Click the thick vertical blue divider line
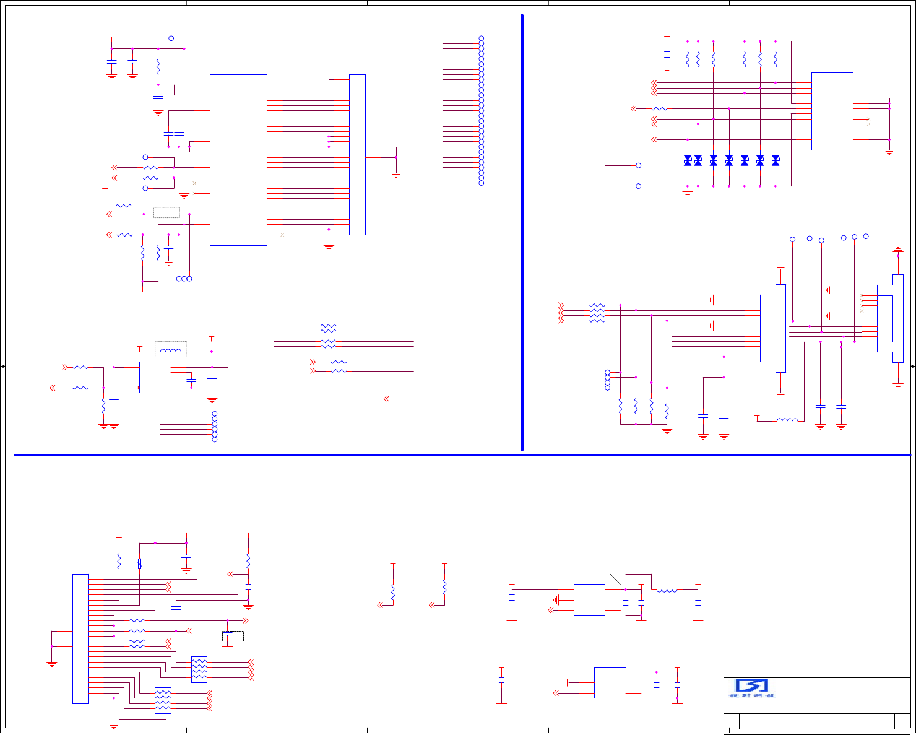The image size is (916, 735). click(522, 232)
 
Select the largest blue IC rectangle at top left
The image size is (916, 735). click(238, 160)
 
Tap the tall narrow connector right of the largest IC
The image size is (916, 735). click(357, 155)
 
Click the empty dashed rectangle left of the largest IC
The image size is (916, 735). click(166, 212)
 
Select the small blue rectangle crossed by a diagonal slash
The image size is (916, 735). click(140, 563)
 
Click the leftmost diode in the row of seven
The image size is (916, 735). click(688, 160)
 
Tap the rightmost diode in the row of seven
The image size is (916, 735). click(776, 160)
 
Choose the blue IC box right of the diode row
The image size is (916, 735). click(832, 111)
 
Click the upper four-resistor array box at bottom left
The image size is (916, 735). click(199, 669)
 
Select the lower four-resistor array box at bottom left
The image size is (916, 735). click(163, 700)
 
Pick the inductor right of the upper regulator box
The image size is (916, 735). click(667, 590)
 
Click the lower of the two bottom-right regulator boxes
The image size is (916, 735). click(610, 682)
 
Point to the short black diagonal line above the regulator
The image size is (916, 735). click(615, 579)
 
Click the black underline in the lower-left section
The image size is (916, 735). click(67, 502)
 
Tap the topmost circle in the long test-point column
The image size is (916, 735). click(481, 38)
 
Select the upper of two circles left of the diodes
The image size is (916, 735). click(639, 165)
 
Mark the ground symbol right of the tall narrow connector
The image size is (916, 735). click(396, 175)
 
